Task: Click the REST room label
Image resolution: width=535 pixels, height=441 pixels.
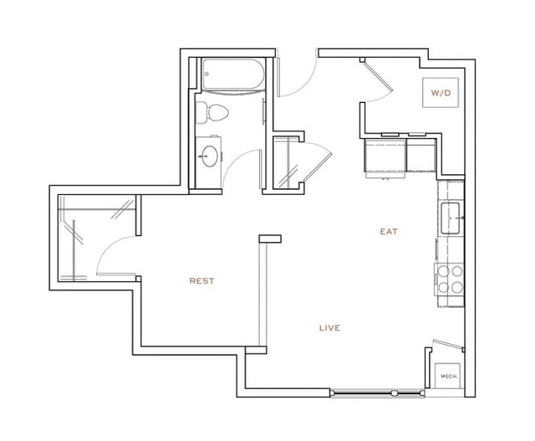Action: [x=201, y=281]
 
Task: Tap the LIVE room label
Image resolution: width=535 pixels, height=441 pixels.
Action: [x=329, y=328]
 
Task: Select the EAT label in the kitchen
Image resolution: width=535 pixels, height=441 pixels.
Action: [x=389, y=232]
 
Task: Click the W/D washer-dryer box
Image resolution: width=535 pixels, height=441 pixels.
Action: [x=441, y=93]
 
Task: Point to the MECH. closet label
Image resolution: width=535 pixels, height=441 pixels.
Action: [x=448, y=377]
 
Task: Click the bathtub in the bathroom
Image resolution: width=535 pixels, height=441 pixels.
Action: [x=232, y=77]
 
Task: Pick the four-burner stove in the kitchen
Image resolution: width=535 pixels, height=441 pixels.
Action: [x=450, y=279]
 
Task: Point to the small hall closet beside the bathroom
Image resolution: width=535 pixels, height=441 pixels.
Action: [x=287, y=162]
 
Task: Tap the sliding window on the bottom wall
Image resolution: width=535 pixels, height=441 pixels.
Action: [x=364, y=392]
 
